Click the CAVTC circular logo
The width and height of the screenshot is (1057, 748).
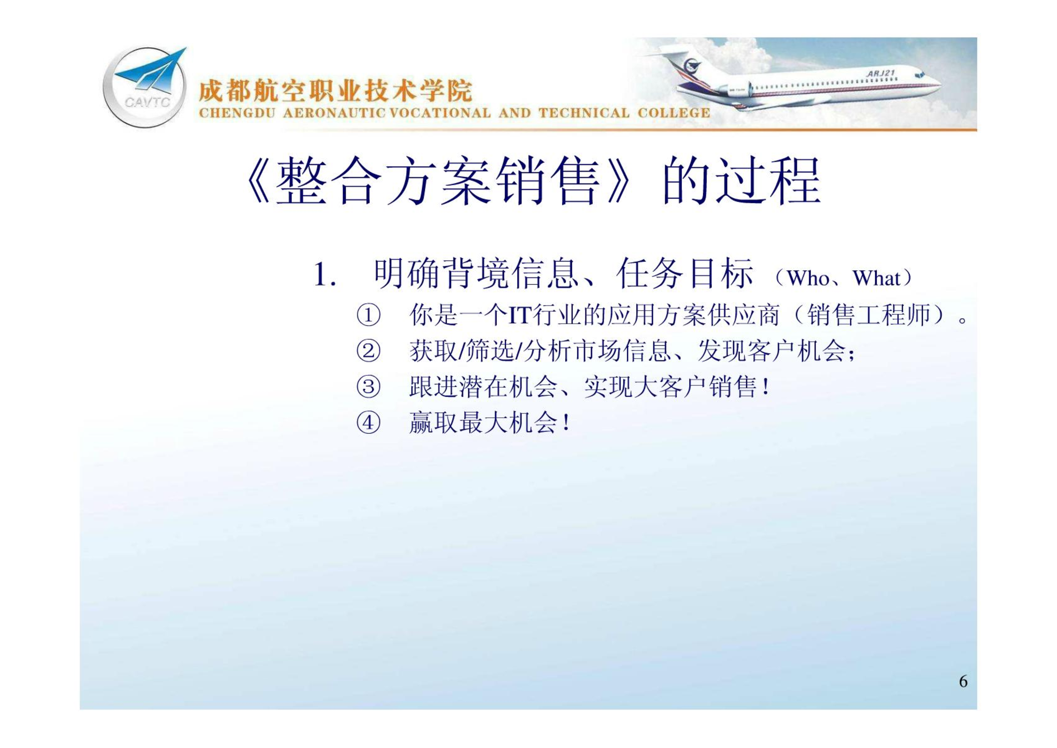tap(145, 87)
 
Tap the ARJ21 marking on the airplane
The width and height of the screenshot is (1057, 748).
tap(881, 74)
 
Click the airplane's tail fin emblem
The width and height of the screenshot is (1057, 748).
tap(691, 66)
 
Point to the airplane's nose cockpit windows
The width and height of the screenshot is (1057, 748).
tap(919, 75)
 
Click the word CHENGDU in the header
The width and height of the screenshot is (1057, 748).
tap(237, 113)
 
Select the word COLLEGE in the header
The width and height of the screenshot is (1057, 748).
tap(674, 113)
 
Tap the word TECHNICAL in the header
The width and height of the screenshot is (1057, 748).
tap(584, 113)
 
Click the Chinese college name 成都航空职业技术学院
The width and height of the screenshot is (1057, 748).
tap(335, 91)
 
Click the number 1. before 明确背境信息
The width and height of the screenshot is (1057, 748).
tap(324, 274)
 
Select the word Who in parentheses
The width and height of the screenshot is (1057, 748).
tap(808, 278)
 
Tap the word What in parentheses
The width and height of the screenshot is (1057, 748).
tap(876, 278)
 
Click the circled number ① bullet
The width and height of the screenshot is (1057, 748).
tap(368, 315)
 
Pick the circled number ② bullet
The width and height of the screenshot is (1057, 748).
tap(368, 351)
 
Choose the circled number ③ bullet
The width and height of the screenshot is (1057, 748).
tap(368, 387)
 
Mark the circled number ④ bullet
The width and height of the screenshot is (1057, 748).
tap(368, 423)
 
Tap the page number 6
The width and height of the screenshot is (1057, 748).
tap(963, 681)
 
